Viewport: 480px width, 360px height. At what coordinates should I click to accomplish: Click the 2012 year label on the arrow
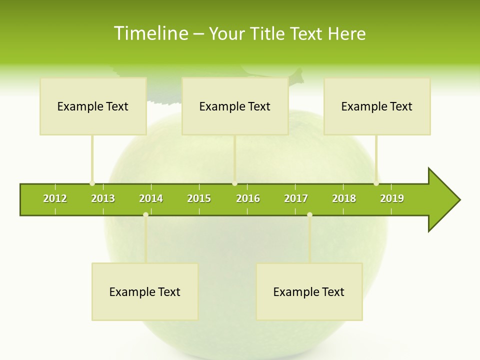point(55,198)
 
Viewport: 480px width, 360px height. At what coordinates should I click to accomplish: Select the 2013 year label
point(103,198)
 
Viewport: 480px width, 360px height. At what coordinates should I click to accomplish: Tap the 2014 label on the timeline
point(151,198)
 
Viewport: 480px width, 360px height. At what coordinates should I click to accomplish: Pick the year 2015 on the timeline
point(199,198)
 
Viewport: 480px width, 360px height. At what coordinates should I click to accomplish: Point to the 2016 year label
point(248,198)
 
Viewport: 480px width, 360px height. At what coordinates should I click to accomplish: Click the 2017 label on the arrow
point(296,198)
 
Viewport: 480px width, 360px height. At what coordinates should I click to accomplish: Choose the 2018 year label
point(344,198)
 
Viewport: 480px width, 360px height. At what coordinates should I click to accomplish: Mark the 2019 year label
point(392,198)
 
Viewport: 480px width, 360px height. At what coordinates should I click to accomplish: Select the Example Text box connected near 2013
point(93,106)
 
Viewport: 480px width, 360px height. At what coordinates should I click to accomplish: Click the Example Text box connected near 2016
point(235,106)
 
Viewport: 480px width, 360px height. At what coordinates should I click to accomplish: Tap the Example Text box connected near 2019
point(377,106)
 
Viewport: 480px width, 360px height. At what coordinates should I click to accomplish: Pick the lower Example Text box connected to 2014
point(145,292)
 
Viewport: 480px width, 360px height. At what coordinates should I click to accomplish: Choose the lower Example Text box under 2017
point(309,292)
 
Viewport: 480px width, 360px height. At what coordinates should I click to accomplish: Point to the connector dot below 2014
point(145,214)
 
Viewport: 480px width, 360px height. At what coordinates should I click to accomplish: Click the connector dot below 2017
point(309,214)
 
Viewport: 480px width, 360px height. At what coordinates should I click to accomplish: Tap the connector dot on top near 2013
point(92,183)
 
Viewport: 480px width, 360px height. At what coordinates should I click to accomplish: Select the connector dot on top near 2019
point(376,183)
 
